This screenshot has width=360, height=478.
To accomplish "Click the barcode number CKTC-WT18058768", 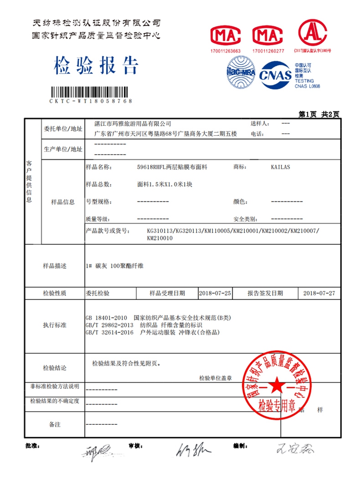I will (x=91, y=101).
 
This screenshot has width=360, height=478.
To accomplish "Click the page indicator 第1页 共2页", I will (x=319, y=114).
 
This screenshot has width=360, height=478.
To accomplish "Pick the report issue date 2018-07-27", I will (x=320, y=292).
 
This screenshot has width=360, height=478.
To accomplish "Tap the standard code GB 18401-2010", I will (x=106, y=318).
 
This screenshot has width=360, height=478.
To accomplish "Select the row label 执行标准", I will (x=55, y=325).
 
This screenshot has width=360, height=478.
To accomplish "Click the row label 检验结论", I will (x=55, y=368).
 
